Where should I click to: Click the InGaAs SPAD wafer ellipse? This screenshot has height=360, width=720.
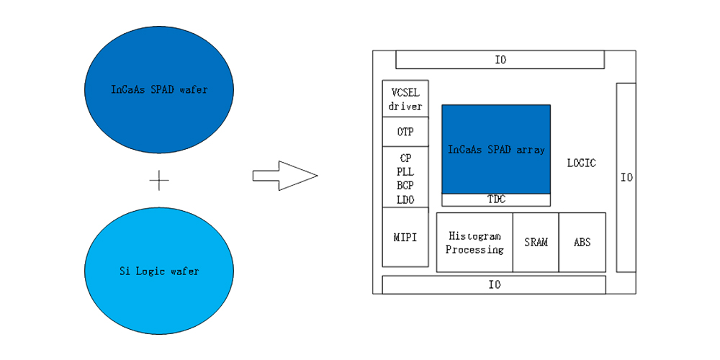(x=159, y=89)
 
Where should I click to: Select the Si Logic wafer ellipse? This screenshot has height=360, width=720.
(x=159, y=271)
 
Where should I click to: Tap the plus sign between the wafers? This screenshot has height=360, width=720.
(x=159, y=180)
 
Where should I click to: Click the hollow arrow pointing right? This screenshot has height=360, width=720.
(x=284, y=176)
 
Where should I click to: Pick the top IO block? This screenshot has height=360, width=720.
(x=500, y=60)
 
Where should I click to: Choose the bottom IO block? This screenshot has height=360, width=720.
(x=494, y=284)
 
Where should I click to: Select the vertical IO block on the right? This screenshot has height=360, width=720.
(x=626, y=177)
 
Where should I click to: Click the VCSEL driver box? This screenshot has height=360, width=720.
(x=405, y=99)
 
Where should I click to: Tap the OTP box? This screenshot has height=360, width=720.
(x=405, y=132)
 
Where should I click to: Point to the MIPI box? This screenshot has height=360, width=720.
(x=405, y=237)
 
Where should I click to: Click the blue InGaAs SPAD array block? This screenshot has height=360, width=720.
(x=496, y=149)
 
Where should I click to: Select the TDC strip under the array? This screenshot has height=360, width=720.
(x=496, y=199)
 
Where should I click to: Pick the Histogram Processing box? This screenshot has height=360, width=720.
(x=474, y=243)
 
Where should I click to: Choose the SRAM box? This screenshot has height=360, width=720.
(x=536, y=243)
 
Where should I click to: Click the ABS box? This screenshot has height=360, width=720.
(x=582, y=243)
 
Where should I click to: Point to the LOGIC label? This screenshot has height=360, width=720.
(x=581, y=163)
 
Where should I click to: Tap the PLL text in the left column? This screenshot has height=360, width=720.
(x=405, y=171)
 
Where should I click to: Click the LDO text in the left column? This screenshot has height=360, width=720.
(x=405, y=199)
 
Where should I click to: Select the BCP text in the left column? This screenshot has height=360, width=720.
(x=405, y=186)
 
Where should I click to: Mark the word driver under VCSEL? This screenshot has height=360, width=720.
(x=405, y=107)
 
